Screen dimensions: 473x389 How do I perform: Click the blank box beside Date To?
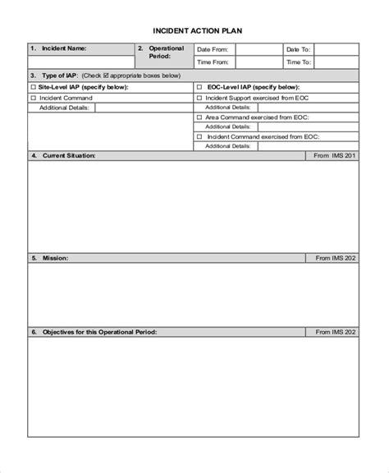(336, 49)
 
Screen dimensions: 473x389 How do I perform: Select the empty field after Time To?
(336, 62)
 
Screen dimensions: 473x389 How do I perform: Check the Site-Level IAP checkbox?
(34, 86)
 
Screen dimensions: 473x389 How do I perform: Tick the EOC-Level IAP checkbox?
(199, 86)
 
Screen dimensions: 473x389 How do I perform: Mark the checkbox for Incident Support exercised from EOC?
(199, 98)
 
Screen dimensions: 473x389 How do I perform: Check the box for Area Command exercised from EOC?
(199, 117)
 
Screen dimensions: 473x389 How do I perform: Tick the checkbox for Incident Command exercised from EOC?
(199, 137)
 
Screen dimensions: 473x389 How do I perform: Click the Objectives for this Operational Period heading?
(99, 333)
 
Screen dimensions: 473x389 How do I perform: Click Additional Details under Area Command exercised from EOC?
(227, 127)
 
